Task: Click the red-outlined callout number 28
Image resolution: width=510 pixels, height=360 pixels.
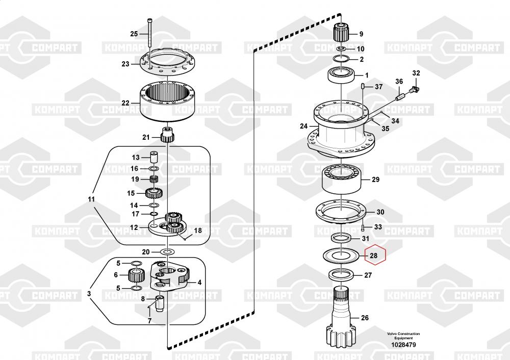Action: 374,255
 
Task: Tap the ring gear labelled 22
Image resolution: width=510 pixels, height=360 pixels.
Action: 167,101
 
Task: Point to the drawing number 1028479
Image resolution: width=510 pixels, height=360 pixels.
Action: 403,345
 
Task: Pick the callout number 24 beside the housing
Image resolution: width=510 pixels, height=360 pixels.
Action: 303,126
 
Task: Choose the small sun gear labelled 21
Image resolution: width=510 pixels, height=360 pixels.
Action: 168,135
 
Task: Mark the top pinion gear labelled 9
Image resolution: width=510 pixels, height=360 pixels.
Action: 341,33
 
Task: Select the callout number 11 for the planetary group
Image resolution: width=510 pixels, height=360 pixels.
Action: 91,199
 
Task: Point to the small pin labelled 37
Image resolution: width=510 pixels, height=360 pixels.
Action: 363,87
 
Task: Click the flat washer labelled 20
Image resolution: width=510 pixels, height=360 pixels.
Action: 168,252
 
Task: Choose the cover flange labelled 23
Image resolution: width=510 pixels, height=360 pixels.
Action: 167,62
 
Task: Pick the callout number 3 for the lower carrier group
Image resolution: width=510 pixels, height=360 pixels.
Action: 89,293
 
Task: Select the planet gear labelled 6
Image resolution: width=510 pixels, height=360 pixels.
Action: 136,275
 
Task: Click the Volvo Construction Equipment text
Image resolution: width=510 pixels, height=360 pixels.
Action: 403,336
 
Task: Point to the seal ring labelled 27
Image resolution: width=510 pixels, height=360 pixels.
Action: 341,275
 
